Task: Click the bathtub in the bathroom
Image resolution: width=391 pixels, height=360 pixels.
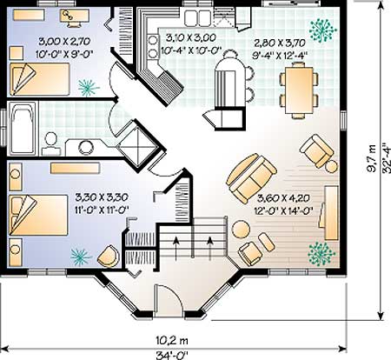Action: click(x=23, y=128)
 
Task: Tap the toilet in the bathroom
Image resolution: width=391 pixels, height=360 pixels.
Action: click(x=51, y=143)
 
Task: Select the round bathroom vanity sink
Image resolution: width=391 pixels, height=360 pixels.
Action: click(x=86, y=147)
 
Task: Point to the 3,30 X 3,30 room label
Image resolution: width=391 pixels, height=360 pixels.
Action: click(x=102, y=197)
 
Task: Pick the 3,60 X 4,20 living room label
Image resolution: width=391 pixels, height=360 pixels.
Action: click(x=283, y=198)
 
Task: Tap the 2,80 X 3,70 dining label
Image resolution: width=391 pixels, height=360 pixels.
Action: click(x=280, y=43)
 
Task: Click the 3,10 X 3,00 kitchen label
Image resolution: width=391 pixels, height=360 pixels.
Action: click(x=191, y=37)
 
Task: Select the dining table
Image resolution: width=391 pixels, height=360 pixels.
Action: click(x=299, y=90)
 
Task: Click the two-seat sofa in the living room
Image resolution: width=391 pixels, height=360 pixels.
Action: click(x=251, y=177)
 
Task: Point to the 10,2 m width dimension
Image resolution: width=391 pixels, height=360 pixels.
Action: click(x=172, y=340)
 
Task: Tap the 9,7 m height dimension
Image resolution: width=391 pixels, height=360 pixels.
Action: click(x=371, y=158)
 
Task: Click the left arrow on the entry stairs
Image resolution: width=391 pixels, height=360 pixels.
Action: click(x=176, y=248)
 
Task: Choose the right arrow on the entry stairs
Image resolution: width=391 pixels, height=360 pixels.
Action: click(x=210, y=248)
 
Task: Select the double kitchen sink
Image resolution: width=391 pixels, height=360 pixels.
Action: click(x=198, y=18)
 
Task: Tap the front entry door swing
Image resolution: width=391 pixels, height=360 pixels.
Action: click(x=169, y=300)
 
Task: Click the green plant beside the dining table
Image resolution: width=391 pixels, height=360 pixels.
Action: click(x=323, y=30)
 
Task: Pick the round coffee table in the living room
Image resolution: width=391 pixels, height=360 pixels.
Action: click(x=241, y=230)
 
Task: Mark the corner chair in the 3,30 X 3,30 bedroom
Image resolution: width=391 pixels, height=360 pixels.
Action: click(x=109, y=257)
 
